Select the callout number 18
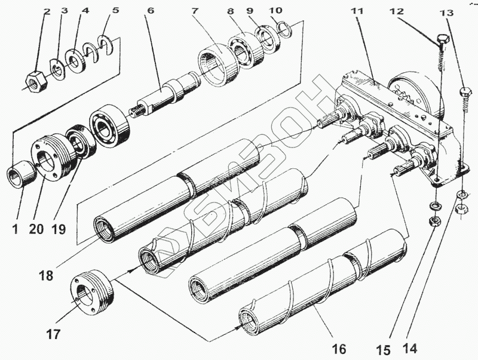click(x=46, y=276)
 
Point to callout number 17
click(x=53, y=334)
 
